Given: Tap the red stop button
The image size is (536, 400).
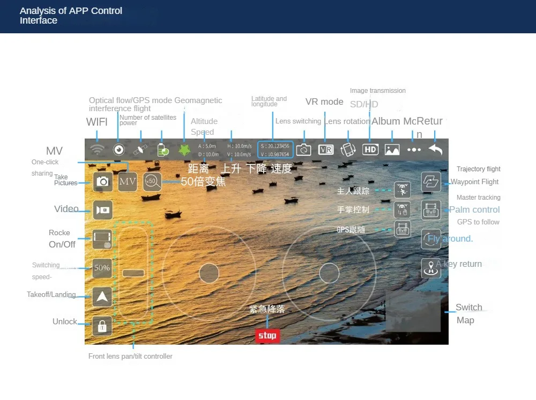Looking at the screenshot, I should pos(267,336).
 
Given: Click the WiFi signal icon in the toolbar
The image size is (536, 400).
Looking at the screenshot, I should pos(97,150).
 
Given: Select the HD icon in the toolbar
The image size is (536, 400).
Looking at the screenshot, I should pos(370,150).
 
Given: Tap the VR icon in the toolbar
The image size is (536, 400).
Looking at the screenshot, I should pos(326,150).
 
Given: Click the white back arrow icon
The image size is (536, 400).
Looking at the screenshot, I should pos(435,150).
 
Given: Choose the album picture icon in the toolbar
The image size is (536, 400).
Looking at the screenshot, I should pos(392,150).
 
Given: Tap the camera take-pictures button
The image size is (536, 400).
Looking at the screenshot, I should pos(102,181).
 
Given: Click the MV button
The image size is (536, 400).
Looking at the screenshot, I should pos(128,181).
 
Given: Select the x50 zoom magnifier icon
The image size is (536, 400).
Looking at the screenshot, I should pos(152,181).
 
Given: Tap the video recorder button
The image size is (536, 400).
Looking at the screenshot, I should pos(102,210).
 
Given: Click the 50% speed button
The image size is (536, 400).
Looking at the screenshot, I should pos(102,267).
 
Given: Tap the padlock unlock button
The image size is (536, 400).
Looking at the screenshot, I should pos(102,325).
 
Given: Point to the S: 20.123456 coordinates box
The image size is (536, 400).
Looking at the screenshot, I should pos(275,150).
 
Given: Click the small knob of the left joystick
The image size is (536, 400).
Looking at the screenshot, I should pos(209,273).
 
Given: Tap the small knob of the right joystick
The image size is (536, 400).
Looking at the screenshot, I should pos(329,273).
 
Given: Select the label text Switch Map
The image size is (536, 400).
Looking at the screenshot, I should pos(468,314).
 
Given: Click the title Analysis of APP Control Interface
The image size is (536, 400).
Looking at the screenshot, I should pos(71,16).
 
